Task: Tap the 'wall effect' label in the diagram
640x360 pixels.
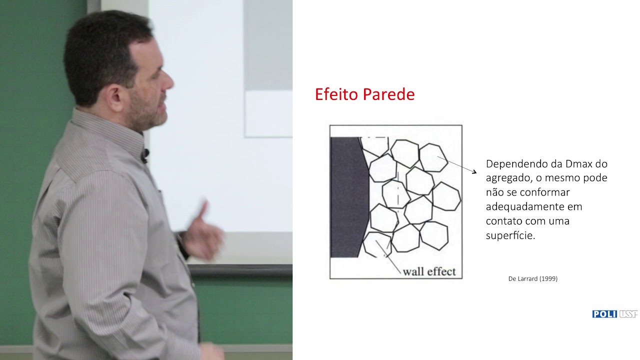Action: coord(429,271)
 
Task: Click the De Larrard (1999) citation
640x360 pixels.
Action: coord(532,278)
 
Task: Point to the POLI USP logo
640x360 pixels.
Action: coord(614,314)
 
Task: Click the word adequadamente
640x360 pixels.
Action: coord(533,206)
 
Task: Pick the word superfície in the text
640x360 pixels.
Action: coord(510,235)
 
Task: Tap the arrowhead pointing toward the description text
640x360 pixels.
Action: coord(474,172)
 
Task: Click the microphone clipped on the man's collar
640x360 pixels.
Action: coord(144,155)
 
